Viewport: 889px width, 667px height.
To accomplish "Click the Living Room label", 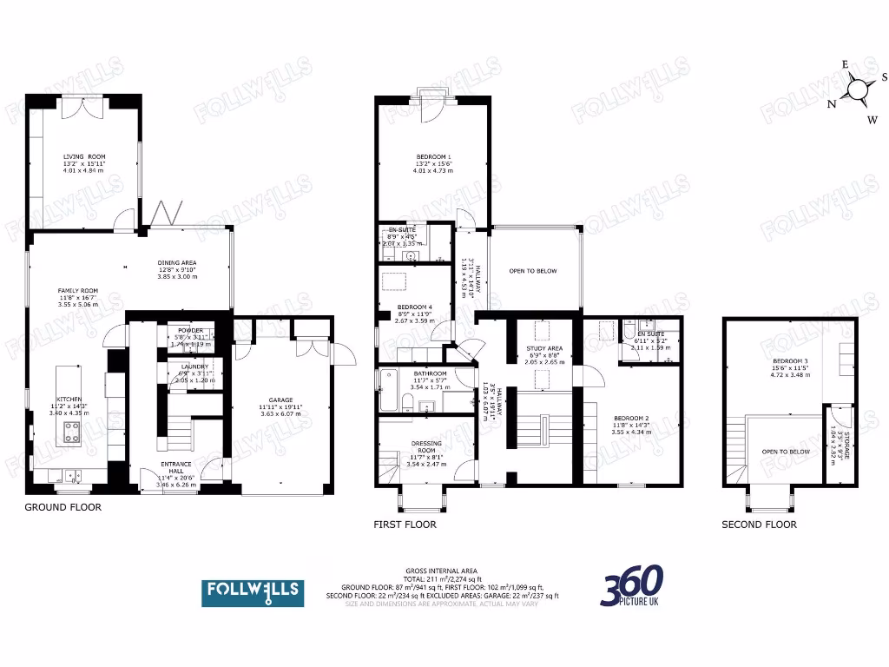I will click(x=83, y=156).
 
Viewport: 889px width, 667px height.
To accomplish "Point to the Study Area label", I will click(x=544, y=348).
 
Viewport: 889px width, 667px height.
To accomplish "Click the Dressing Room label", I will click(x=425, y=446).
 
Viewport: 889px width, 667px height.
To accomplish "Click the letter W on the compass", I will click(x=873, y=120).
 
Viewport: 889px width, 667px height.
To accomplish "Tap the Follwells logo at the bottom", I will click(x=253, y=592).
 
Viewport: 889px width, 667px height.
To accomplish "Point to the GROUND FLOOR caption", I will click(x=63, y=507).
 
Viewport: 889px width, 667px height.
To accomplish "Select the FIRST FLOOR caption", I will click(x=405, y=525).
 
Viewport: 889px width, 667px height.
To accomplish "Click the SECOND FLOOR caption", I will click(x=759, y=525).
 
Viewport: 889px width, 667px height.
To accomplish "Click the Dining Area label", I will click(x=177, y=262).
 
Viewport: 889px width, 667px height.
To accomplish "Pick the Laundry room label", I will click(x=194, y=367).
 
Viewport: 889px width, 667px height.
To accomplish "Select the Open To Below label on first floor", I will click(x=533, y=271).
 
